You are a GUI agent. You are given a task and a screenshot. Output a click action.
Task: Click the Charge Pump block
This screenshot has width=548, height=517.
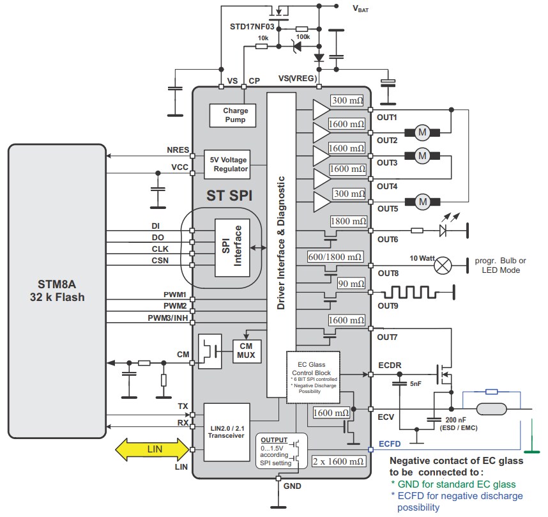[235, 115]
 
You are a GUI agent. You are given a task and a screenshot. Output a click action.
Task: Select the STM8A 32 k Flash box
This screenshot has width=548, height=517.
[57, 291]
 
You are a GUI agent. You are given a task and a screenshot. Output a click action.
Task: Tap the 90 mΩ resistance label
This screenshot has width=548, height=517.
[351, 284]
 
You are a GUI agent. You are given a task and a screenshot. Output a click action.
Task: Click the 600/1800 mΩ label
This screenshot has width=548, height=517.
[335, 256]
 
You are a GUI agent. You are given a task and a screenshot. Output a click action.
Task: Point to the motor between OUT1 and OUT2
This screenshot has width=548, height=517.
[422, 132]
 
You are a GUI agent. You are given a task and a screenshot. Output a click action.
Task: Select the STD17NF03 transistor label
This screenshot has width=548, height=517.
[252, 27]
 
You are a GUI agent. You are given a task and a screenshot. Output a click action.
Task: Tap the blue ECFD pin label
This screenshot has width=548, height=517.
[390, 444]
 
